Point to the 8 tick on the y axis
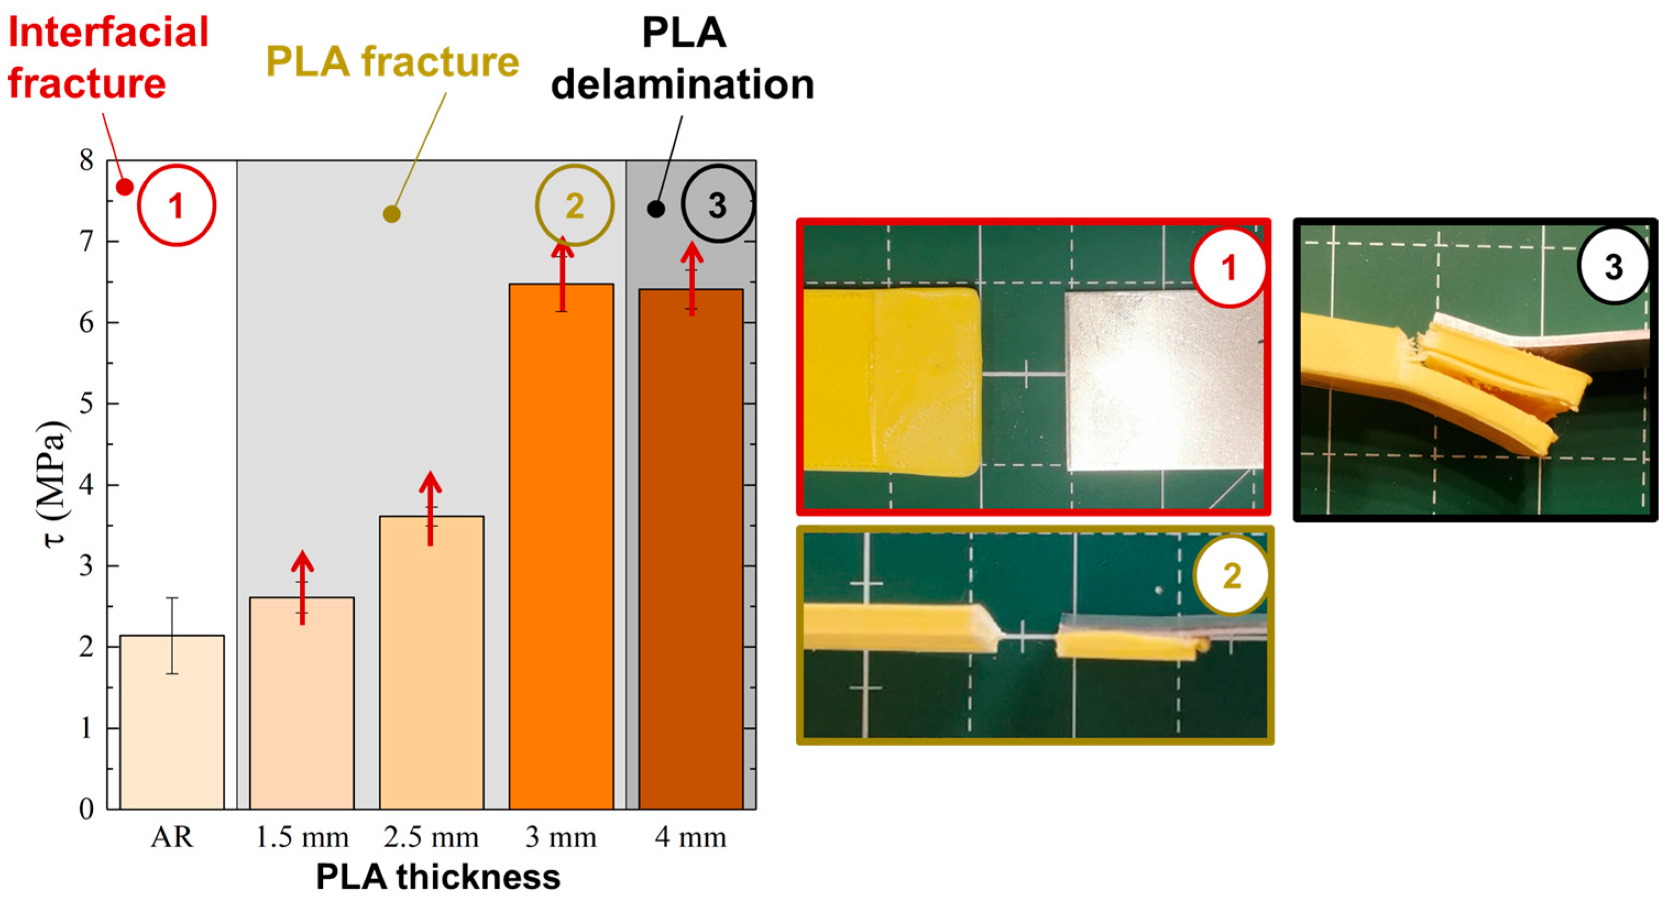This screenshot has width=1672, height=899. click(x=87, y=160)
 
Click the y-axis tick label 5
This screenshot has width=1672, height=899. click(x=87, y=404)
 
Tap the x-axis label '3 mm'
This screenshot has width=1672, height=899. click(x=561, y=837)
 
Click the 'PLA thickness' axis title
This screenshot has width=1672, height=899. click(x=438, y=877)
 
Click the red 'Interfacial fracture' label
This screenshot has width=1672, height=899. click(x=107, y=58)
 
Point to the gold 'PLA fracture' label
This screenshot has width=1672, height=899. click(x=392, y=62)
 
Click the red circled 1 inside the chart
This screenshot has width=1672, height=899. click(x=176, y=206)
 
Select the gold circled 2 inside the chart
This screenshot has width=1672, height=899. click(x=574, y=206)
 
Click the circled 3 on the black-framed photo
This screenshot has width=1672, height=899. click(x=1614, y=267)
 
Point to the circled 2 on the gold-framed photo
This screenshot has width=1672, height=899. click(x=1231, y=575)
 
